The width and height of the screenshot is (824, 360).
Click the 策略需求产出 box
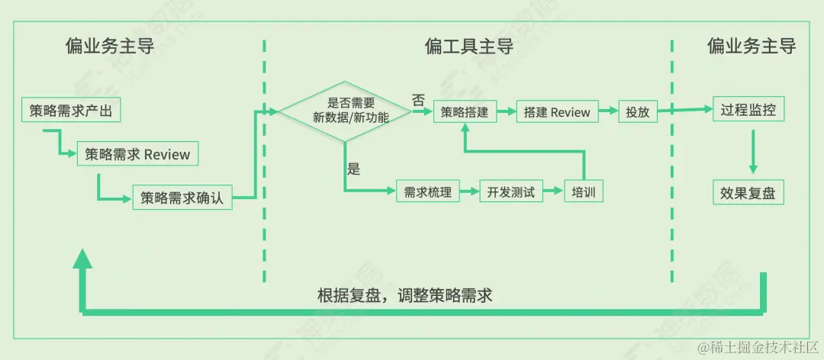71,111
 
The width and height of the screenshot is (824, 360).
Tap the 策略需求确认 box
182,198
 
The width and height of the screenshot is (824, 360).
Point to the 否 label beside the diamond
418,100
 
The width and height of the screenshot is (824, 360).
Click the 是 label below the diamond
353,169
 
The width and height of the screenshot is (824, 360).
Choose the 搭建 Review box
557,112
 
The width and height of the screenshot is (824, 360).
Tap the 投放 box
637,112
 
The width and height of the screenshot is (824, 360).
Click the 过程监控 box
748,110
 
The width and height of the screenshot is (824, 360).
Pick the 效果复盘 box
748,193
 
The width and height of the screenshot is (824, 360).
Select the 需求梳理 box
428,191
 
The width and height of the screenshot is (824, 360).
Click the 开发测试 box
511,191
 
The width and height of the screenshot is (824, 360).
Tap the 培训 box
583,191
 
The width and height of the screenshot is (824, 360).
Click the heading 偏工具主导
468,47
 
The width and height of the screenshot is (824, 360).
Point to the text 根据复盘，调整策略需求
404,295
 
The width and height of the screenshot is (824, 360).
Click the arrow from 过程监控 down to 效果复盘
752,151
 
